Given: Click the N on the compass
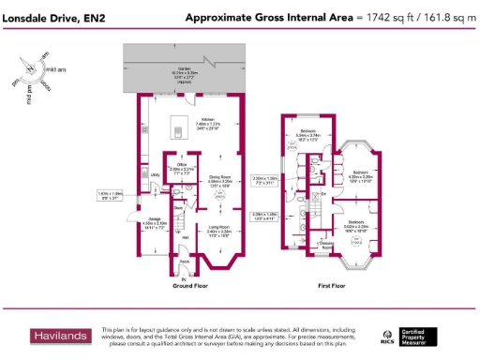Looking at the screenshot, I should tap(31, 69).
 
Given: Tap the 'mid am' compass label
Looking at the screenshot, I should tap(56, 69).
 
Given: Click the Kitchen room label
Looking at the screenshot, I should tap(207, 119).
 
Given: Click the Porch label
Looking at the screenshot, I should tap(184, 262).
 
